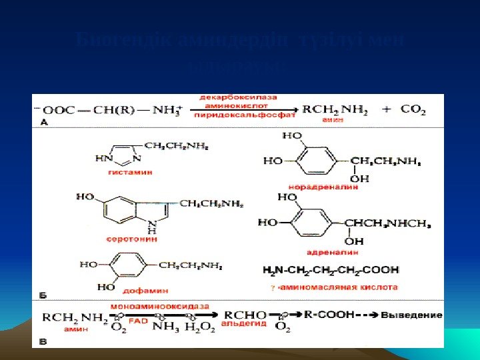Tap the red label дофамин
click(145, 291)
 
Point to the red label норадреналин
click(323, 187)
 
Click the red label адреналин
click(333, 252)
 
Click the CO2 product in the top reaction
click(413, 110)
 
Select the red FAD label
click(139, 319)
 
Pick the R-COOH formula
click(329, 314)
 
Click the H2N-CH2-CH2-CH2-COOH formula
click(331, 270)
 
